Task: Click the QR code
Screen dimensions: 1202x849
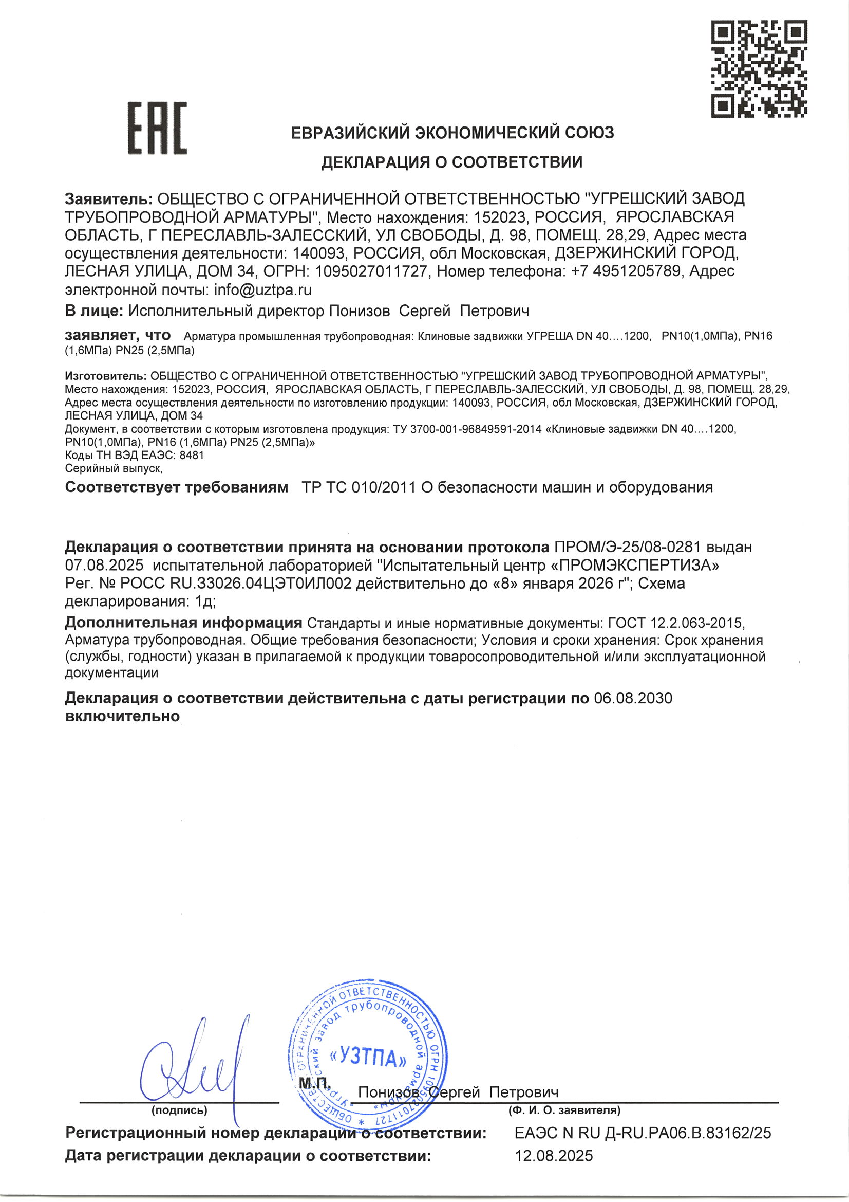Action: [x=758, y=68]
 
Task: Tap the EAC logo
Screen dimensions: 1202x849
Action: [x=157, y=128]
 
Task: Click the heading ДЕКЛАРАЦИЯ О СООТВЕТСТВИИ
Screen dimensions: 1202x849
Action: [x=451, y=162]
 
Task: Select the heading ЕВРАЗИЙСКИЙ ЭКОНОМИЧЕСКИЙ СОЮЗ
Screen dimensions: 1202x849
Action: [x=452, y=133]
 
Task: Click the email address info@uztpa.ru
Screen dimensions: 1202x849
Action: [x=262, y=289]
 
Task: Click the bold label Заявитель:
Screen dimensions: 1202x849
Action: [x=108, y=199]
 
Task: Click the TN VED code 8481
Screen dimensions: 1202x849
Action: [x=192, y=455]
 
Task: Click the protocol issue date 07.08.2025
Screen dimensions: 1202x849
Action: [x=104, y=566]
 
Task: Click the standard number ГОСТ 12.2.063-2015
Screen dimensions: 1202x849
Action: [x=675, y=623]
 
